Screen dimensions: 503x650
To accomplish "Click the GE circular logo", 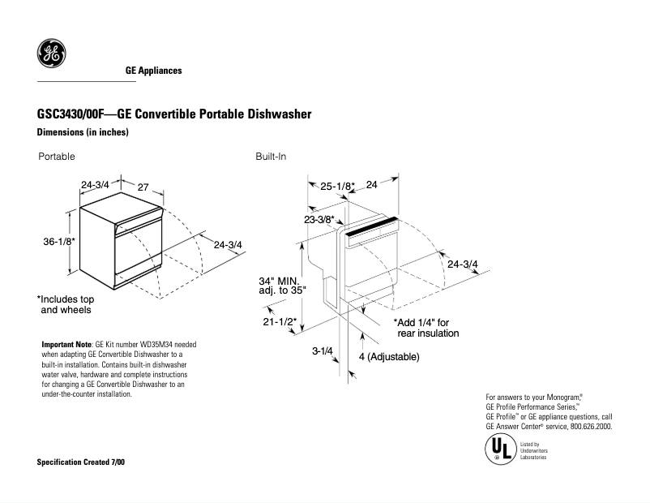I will point(51,54).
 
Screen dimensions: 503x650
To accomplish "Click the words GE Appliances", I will point(153,71).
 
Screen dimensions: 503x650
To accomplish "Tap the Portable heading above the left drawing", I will point(57,157).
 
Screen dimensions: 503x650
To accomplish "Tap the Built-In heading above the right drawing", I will point(271,157).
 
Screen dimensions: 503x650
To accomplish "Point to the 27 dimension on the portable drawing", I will point(143,187).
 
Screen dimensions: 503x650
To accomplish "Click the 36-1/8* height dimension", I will point(60,243).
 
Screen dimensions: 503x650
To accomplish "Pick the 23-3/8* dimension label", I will point(319,220).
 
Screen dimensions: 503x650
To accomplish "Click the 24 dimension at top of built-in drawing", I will point(372,185).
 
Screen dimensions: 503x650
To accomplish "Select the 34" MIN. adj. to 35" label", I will point(280,286).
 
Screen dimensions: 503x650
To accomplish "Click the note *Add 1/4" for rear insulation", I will point(426,328).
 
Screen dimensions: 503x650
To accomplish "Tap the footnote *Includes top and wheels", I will point(66,304).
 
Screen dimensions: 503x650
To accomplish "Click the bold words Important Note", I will point(67,345).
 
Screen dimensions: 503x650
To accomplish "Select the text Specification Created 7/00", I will point(82,462).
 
